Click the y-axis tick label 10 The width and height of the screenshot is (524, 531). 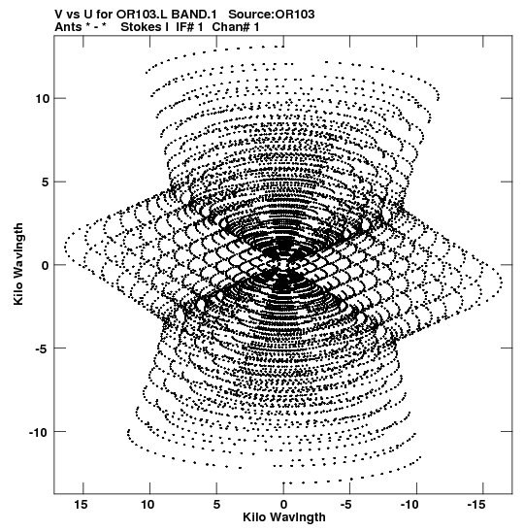pyautogui.click(x=43, y=99)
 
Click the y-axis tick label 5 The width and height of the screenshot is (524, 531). pyautogui.click(x=46, y=182)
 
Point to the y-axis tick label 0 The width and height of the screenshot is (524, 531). pyautogui.click(x=46, y=265)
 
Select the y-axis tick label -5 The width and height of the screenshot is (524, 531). pyautogui.click(x=43, y=348)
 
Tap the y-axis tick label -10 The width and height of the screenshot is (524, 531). pyautogui.click(x=40, y=432)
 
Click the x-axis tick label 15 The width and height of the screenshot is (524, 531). pyautogui.click(x=81, y=505)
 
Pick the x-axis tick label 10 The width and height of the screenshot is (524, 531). pyautogui.click(x=147, y=505)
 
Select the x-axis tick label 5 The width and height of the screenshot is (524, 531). pyautogui.click(x=216, y=505)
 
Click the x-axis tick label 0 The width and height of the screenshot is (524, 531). pyautogui.click(x=283, y=505)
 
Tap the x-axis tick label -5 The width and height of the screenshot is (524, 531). pyautogui.click(x=346, y=505)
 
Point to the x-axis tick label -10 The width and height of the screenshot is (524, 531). pyautogui.click(x=409, y=505)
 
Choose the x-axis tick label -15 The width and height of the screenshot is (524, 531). pyautogui.click(x=476, y=505)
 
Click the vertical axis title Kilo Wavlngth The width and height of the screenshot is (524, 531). pyautogui.click(x=18, y=264)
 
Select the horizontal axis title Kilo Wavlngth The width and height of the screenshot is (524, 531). pyautogui.click(x=284, y=517)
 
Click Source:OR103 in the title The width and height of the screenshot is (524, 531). pyautogui.click(x=272, y=15)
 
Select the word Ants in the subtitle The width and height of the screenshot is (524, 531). pyautogui.click(x=68, y=27)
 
